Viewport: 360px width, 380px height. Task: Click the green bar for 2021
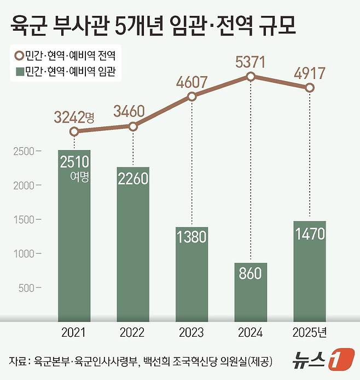(x=74, y=235)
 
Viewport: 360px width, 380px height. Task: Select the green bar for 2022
(x=133, y=244)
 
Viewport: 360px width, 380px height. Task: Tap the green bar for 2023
(x=191, y=274)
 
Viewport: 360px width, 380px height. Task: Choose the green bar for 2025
(x=309, y=271)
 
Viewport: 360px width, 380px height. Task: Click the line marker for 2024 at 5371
(x=251, y=77)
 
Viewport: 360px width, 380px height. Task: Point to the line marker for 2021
(x=74, y=131)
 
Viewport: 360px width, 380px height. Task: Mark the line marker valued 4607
(x=192, y=97)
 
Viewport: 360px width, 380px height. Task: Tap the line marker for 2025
(x=310, y=88)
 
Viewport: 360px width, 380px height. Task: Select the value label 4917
(x=309, y=73)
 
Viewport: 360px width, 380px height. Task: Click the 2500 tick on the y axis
(x=24, y=151)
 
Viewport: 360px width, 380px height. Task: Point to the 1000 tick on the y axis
(x=24, y=254)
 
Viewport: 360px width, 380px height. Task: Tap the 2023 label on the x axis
(x=191, y=332)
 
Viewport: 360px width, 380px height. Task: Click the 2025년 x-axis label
(x=310, y=332)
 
